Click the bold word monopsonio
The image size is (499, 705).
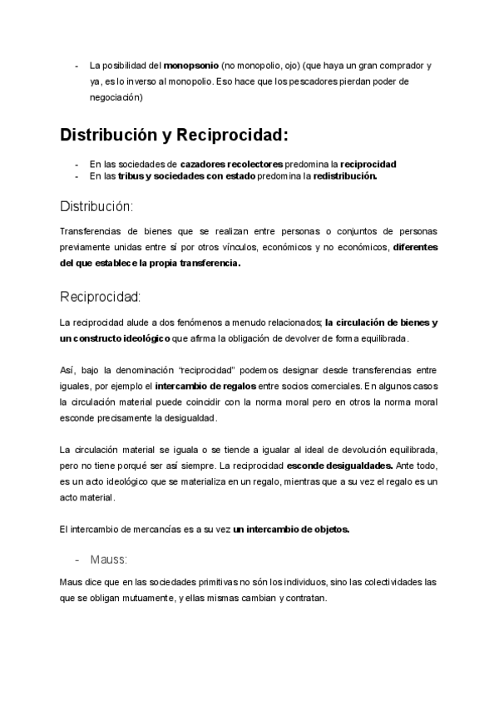[191, 65]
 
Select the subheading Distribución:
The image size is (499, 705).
[96, 205]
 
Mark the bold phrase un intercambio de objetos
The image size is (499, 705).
[292, 530]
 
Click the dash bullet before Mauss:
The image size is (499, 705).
[80, 559]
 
